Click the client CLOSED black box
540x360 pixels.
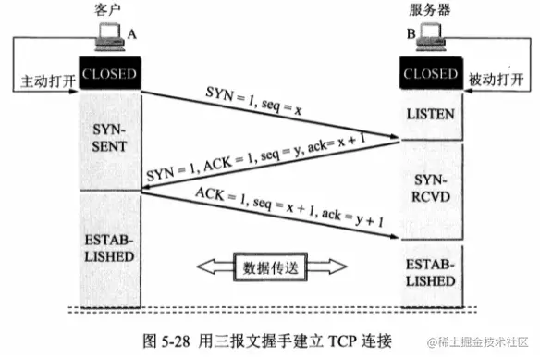pos(109,73)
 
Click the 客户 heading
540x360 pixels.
pos(109,10)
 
